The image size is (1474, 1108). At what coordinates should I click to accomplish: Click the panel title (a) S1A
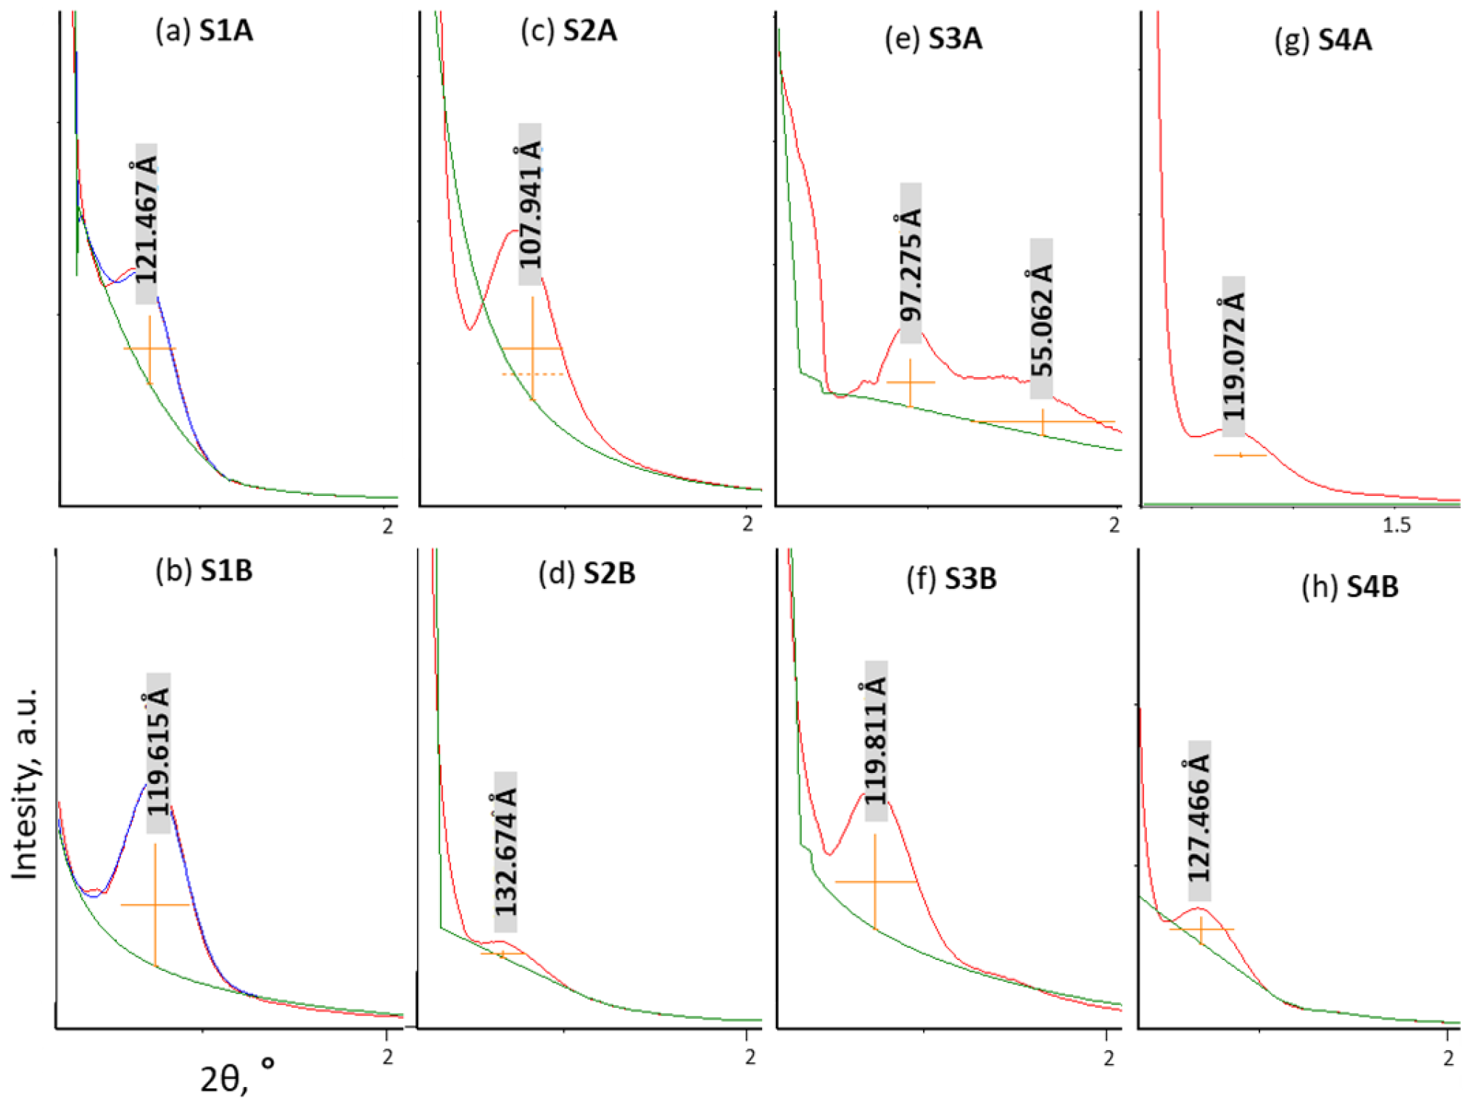coord(204,31)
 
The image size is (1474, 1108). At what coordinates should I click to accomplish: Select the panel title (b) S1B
coord(204,571)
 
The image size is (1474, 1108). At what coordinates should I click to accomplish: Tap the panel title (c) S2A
coord(568,31)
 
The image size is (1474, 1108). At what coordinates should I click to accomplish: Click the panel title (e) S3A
coord(933,38)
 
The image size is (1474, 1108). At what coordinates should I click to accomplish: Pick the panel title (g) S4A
coord(1322,40)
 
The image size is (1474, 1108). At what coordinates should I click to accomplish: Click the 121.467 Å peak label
coord(146,223)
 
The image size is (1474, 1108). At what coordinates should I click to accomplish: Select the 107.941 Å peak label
coord(530,204)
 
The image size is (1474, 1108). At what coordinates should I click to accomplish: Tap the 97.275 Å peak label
coord(911,263)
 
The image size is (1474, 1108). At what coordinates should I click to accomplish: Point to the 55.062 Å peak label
coord(1041,318)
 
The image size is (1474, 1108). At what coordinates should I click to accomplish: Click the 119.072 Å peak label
coord(1233,356)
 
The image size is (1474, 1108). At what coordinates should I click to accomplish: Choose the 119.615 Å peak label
coord(158,753)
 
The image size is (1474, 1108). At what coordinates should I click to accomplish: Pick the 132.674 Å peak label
coord(505,851)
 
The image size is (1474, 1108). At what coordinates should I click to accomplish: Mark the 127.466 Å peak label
coord(1199,820)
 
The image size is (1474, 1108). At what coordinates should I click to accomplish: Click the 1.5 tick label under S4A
coord(1396,525)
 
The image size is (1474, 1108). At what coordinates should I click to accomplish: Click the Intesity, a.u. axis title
coord(26,784)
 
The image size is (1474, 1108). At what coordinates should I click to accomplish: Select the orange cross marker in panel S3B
coord(875,882)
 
